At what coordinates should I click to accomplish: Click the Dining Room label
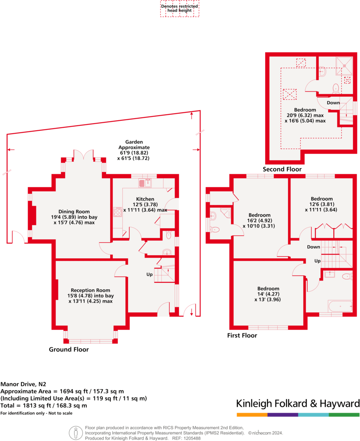(74, 212)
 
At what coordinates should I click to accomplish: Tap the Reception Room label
(90, 290)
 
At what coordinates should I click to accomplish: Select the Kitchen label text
(145, 199)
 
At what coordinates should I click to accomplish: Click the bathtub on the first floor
(340, 307)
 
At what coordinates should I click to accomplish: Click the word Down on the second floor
(333, 103)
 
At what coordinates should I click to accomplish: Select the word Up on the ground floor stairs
(149, 275)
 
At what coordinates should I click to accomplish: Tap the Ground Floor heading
(69, 350)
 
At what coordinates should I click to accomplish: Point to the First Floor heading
(242, 335)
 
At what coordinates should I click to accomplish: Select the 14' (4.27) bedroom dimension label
(268, 294)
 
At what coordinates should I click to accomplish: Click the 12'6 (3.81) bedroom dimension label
(321, 204)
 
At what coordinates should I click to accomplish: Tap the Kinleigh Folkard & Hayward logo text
(298, 404)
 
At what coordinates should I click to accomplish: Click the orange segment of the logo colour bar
(252, 415)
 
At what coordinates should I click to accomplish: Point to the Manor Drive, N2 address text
(23, 383)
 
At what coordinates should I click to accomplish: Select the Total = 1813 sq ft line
(44, 406)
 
